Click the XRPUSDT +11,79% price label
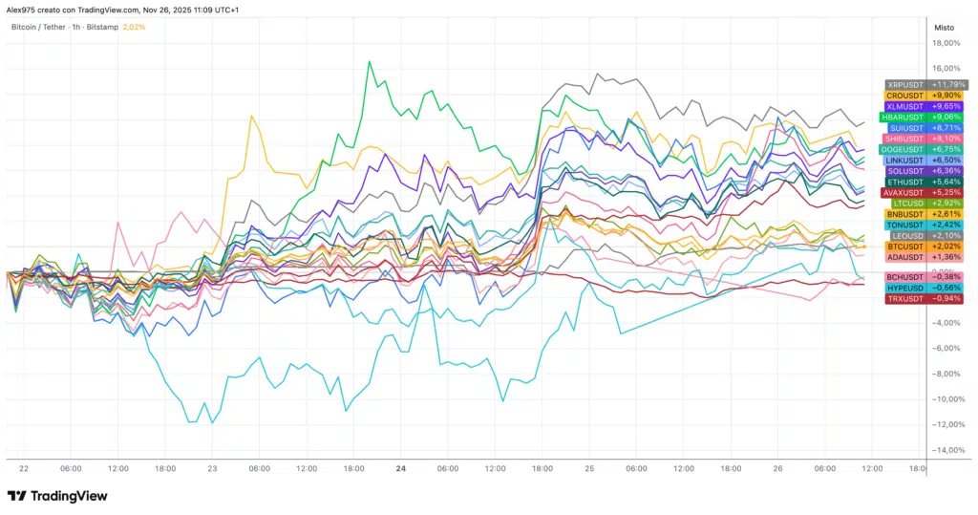(x=925, y=84)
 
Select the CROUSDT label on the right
(x=925, y=96)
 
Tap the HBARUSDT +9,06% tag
(x=925, y=117)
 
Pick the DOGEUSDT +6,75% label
(x=925, y=149)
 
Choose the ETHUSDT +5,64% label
(x=925, y=182)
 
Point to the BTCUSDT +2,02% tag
(x=925, y=246)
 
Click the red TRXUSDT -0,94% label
(x=925, y=298)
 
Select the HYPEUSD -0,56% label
(x=925, y=287)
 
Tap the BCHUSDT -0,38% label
(x=925, y=276)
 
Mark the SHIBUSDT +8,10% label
(x=925, y=139)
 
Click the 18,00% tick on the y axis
(x=946, y=43)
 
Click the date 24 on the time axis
(x=400, y=469)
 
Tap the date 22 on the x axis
(x=23, y=469)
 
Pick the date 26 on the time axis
(x=777, y=469)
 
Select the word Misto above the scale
(x=943, y=28)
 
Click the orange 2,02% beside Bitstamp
(x=135, y=27)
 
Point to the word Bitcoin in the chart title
(x=26, y=27)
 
